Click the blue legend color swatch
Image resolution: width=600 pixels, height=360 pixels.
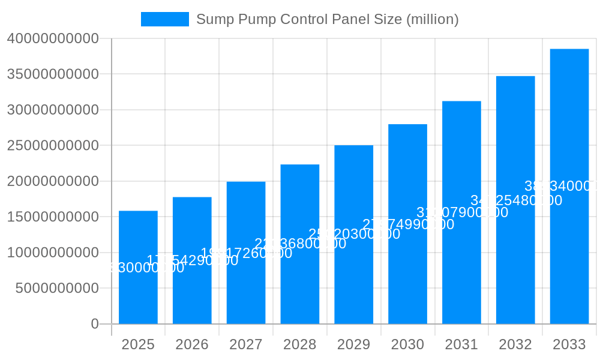pos(165,19)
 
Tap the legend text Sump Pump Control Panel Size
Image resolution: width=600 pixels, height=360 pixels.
pos(327,19)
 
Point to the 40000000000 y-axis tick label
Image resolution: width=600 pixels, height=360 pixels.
pos(53,38)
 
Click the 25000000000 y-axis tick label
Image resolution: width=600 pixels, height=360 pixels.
pos(53,145)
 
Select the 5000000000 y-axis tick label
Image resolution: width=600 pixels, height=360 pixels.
pos(57,288)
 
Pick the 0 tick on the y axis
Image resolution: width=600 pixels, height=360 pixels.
pos(95,324)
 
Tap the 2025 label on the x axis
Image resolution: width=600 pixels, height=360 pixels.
pos(138,344)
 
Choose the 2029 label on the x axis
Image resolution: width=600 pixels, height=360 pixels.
pos(353,344)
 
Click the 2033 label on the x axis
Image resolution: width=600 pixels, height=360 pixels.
pos(569,344)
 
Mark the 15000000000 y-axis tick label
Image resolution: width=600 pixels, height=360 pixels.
pos(53,217)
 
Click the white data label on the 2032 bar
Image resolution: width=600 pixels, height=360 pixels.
pos(516,200)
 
